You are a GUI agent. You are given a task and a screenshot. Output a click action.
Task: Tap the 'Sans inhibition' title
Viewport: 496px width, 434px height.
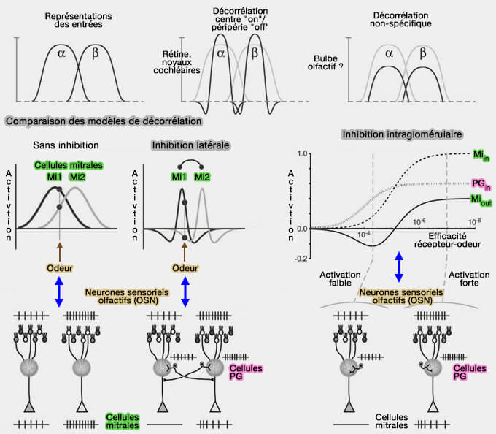pyautogui.click(x=65, y=145)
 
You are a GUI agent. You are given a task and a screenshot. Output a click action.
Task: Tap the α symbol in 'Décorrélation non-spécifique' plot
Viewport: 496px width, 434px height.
pyautogui.click(x=390, y=53)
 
